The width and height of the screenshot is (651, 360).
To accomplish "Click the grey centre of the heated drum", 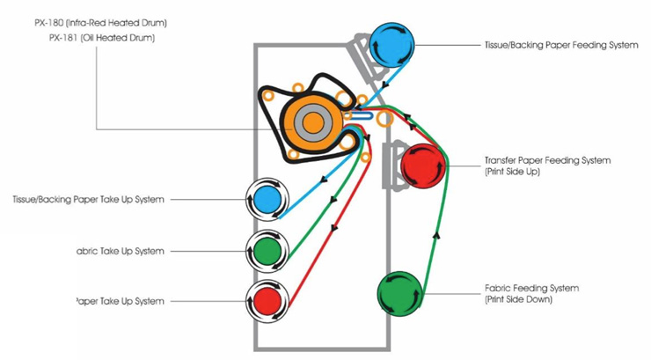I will point(311,123).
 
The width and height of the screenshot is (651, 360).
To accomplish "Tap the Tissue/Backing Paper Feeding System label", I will point(560,45).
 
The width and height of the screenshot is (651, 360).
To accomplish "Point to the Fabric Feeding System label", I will point(531,288).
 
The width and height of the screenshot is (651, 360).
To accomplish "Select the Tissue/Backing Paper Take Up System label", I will point(88,200).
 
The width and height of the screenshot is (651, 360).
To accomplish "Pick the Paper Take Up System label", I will point(121,301).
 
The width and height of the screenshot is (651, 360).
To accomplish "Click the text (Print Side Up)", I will point(511,173).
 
